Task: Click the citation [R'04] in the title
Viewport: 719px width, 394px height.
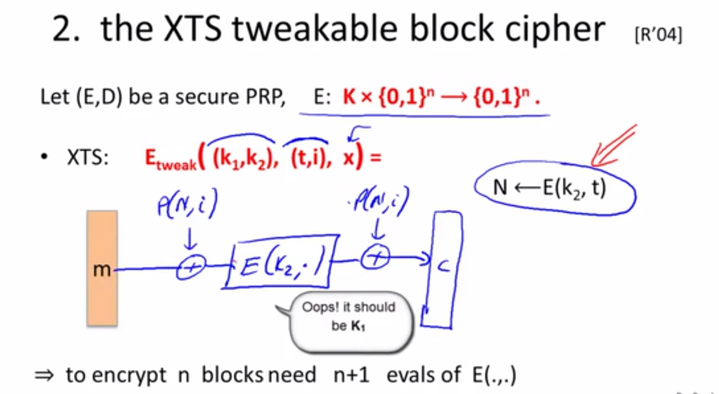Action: coord(658,35)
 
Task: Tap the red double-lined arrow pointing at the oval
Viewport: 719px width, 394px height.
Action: coord(614,145)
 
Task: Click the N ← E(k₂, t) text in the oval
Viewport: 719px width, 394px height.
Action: coord(550,188)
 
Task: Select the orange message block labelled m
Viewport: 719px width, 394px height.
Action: coord(102,268)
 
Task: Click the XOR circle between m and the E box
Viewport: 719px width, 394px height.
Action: coord(191,267)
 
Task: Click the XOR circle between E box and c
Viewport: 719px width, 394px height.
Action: coord(375,258)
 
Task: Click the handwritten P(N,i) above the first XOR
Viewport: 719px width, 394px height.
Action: coord(187,203)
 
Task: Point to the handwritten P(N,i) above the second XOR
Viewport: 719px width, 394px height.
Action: coord(380,202)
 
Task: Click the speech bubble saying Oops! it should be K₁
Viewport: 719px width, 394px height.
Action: coord(349,322)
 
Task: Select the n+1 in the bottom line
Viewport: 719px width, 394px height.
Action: coord(351,375)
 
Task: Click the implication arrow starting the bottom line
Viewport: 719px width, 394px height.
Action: coord(44,375)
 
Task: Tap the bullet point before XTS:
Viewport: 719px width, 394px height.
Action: coord(44,157)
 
